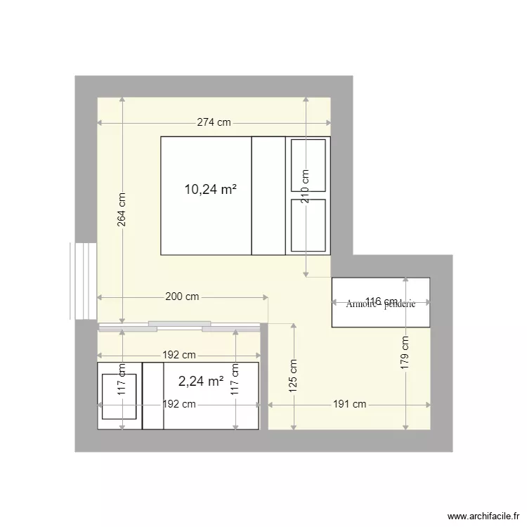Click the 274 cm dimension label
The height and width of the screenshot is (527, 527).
click(214, 122)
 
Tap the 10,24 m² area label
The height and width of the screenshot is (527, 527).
click(210, 189)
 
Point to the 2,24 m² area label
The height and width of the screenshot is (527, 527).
click(201, 382)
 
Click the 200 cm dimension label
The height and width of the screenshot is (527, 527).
click(182, 297)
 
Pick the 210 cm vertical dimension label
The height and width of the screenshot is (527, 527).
click(306, 186)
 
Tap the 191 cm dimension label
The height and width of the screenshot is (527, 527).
click(349, 404)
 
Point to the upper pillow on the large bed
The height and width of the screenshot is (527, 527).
click(308, 165)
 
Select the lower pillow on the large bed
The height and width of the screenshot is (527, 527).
click(308, 225)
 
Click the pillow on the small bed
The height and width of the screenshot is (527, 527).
click(119, 397)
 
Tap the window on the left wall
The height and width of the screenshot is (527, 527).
click(84, 281)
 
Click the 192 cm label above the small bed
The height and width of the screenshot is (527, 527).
click(179, 355)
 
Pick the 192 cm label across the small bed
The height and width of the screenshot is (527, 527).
click(179, 404)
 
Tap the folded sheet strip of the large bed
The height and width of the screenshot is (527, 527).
click(268, 195)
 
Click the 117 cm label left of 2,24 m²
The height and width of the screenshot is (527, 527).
click(122, 382)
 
